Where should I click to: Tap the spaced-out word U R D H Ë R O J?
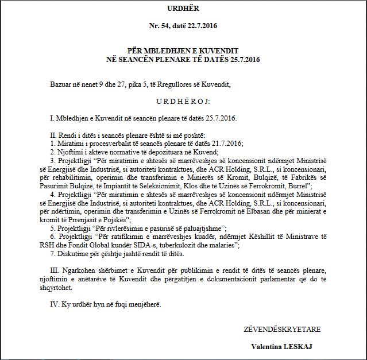[184, 102]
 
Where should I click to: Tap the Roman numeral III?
[55, 271]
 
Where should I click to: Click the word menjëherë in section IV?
[145, 304]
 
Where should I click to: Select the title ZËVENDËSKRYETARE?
[282, 330]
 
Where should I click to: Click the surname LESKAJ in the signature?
[299, 347]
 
